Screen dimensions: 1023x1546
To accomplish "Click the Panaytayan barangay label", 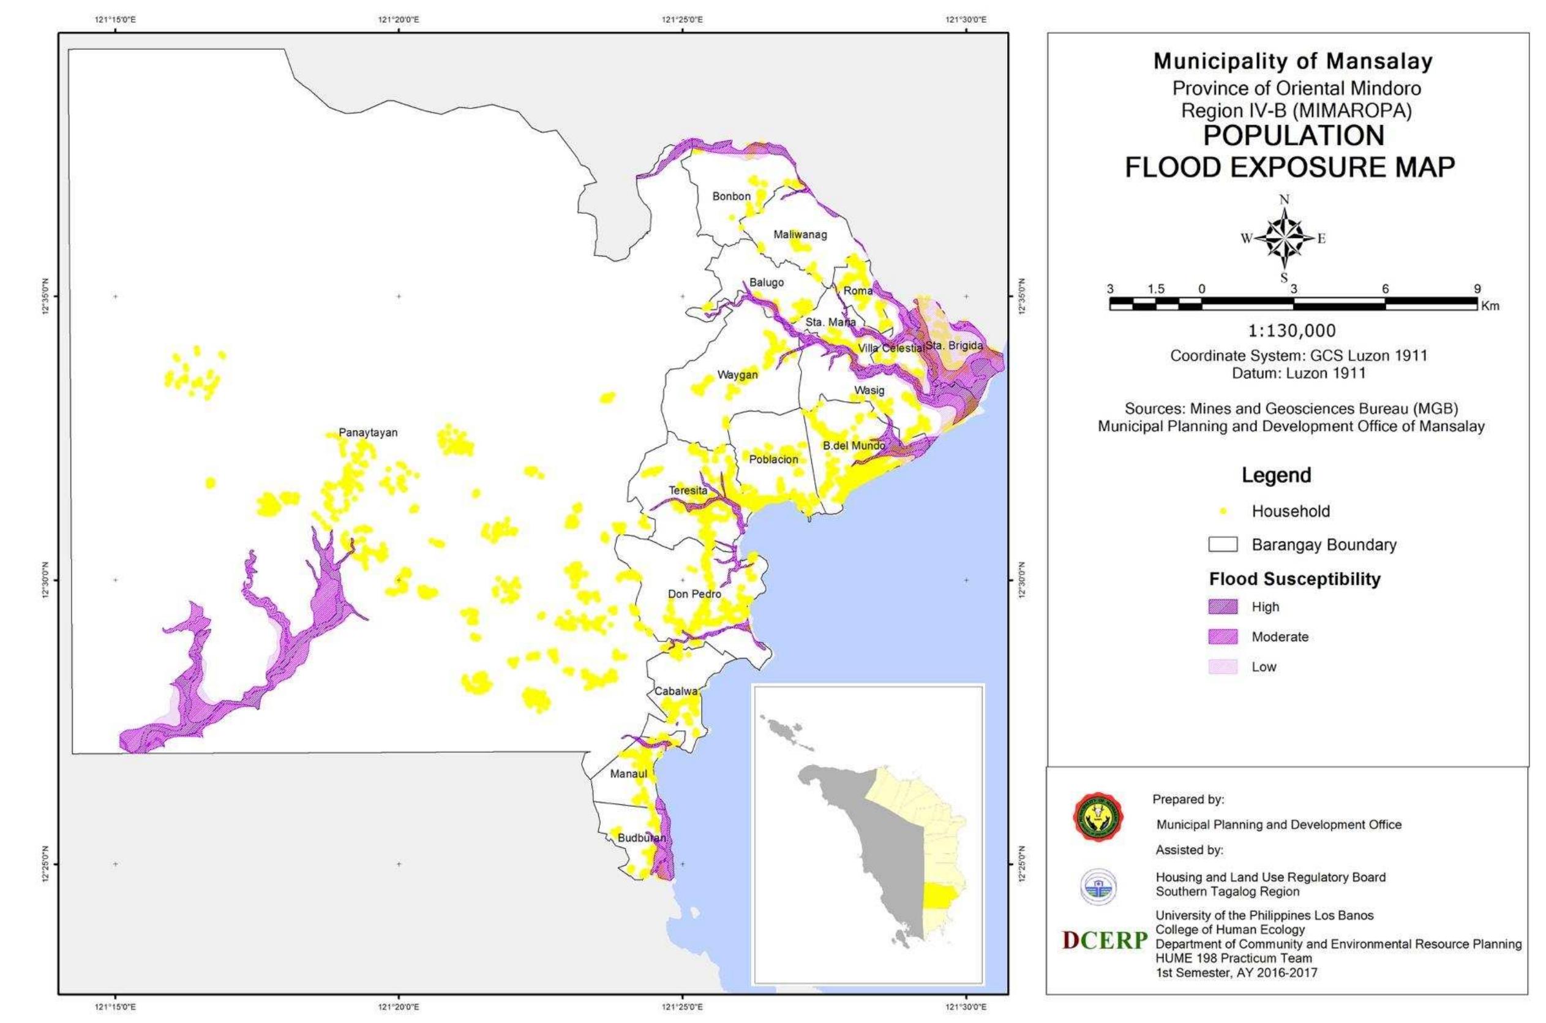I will (x=368, y=432).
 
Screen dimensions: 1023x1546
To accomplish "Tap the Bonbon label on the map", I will (x=731, y=196).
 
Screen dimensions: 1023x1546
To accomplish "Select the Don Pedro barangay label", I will (x=694, y=594).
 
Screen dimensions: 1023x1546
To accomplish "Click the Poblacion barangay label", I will (x=773, y=459).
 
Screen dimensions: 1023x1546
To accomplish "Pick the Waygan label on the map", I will (x=737, y=375).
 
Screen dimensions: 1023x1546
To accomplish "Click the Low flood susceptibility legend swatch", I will (x=1223, y=666).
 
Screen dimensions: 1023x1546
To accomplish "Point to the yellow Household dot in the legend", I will (x=1223, y=511).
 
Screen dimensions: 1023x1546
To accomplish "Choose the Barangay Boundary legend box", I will (x=1223, y=545).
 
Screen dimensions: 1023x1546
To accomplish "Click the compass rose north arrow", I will (x=1284, y=238).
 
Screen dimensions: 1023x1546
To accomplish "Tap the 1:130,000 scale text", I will (x=1292, y=331).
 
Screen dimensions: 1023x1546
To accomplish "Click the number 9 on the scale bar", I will (x=1477, y=289).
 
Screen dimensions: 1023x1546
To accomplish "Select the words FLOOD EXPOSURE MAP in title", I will (x=1289, y=168).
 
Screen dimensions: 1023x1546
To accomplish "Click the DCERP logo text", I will (x=1105, y=940).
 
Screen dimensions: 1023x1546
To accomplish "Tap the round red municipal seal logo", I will (x=1098, y=817).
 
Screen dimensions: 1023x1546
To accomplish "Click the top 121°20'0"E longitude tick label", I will (x=399, y=19).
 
